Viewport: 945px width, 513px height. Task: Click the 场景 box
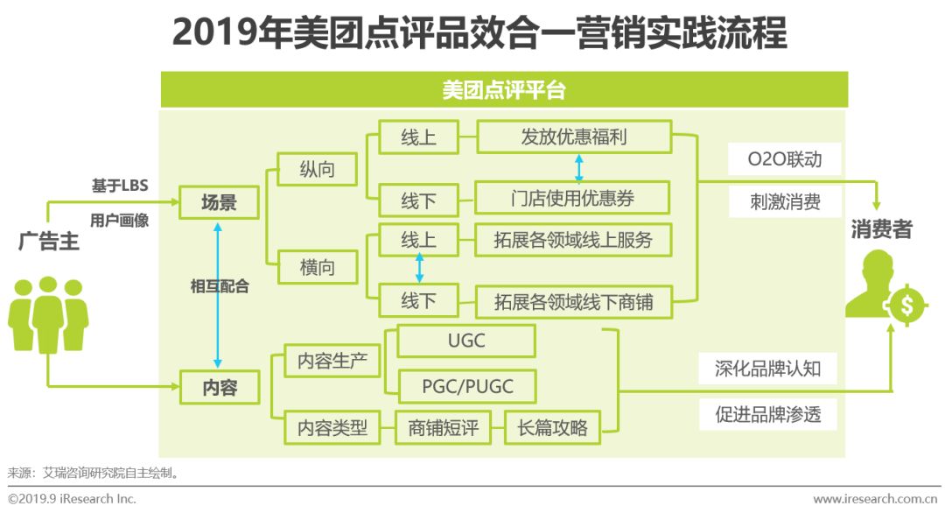pyautogui.click(x=219, y=202)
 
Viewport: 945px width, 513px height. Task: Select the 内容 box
pyautogui.click(x=220, y=386)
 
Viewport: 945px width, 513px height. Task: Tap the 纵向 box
pyautogui.click(x=317, y=169)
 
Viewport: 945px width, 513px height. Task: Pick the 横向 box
pyautogui.click(x=317, y=267)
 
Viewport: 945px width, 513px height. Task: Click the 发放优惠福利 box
pyautogui.click(x=574, y=137)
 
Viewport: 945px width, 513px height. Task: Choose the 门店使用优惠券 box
pyautogui.click(x=572, y=198)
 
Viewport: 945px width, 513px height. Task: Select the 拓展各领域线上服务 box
pyautogui.click(x=573, y=240)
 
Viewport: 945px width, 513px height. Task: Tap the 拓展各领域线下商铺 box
pyautogui.click(x=574, y=301)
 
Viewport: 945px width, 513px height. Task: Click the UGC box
pyautogui.click(x=466, y=341)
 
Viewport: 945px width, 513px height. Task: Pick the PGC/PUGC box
pyautogui.click(x=467, y=386)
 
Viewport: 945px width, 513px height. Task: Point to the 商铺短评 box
pyautogui.click(x=443, y=427)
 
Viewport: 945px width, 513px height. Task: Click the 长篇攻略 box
pyautogui.click(x=552, y=427)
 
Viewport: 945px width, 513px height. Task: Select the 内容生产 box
pyautogui.click(x=332, y=361)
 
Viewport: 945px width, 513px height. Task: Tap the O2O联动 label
pyautogui.click(x=785, y=158)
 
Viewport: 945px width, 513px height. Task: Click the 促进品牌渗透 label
pyautogui.click(x=768, y=414)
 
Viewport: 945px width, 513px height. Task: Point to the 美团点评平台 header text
pyautogui.click(x=504, y=90)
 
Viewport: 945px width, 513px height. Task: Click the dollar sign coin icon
pyautogui.click(x=906, y=306)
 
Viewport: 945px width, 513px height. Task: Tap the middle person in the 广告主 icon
pyautogui.click(x=47, y=314)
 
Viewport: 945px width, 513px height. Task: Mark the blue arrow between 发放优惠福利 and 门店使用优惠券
pyautogui.click(x=578, y=167)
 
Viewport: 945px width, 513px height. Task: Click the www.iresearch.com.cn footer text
pyautogui.click(x=875, y=498)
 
